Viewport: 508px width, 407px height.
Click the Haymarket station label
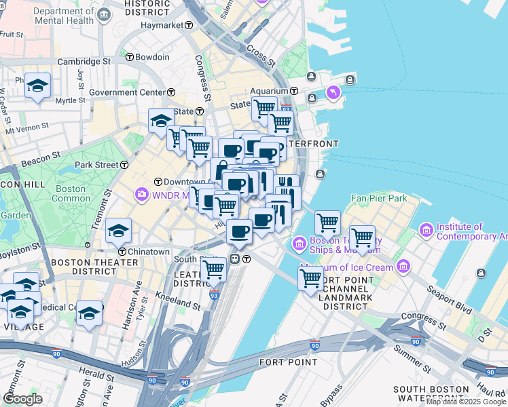click(x=162, y=25)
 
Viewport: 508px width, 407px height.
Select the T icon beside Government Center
click(x=171, y=92)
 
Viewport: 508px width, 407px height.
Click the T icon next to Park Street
click(x=124, y=165)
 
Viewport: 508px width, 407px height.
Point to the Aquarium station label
click(x=269, y=91)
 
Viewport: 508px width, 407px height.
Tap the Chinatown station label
click(x=149, y=252)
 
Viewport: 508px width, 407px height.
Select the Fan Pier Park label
click(x=378, y=199)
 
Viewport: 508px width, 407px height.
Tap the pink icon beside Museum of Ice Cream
click(x=404, y=265)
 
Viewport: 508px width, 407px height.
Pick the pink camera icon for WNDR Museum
click(x=142, y=195)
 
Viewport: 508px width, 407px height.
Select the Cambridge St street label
click(x=84, y=61)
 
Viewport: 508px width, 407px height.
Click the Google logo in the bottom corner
click(x=22, y=398)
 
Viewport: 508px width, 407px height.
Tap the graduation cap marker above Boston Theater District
click(x=118, y=230)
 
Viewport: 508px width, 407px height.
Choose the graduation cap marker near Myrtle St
click(x=38, y=85)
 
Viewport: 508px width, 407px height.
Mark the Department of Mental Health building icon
click(x=103, y=15)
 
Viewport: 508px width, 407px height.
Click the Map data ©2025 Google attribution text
click(x=467, y=402)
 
